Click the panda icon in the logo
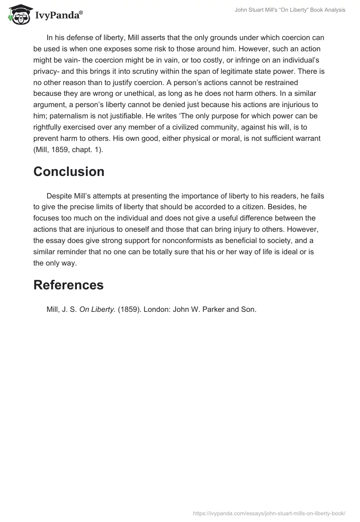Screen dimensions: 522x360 point(18,14)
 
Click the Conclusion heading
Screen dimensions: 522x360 point(69,171)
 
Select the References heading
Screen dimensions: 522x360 point(68,285)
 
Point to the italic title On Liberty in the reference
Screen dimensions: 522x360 point(97,310)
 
